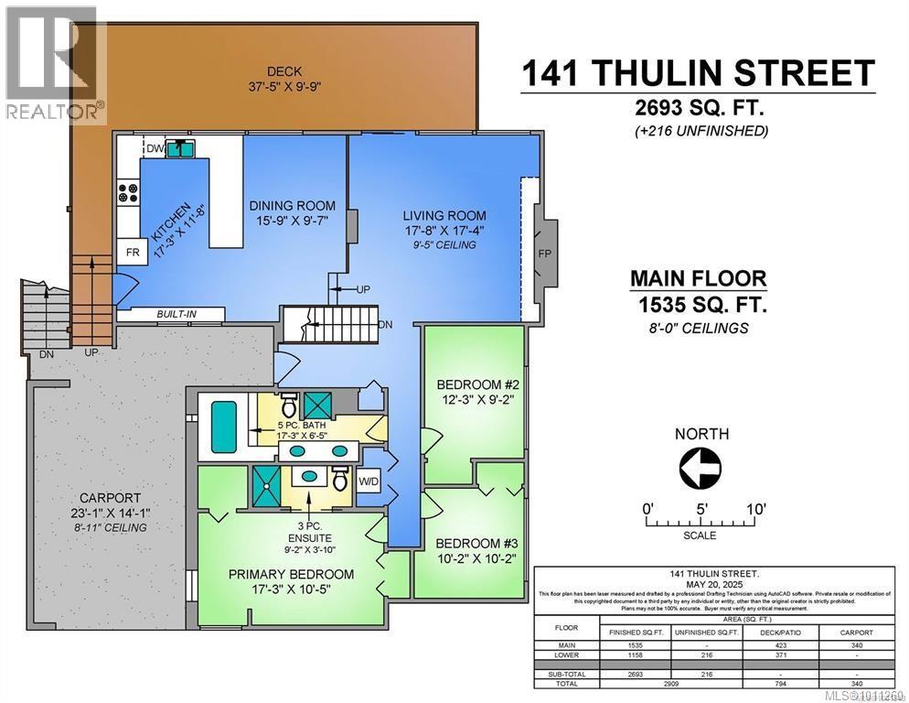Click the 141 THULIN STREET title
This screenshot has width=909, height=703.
click(x=698, y=73)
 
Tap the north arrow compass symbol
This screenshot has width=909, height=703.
click(x=701, y=470)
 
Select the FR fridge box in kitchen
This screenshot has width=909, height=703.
click(x=133, y=253)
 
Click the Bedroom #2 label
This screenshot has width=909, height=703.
click(x=471, y=384)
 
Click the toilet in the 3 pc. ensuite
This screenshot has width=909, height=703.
click(x=339, y=477)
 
